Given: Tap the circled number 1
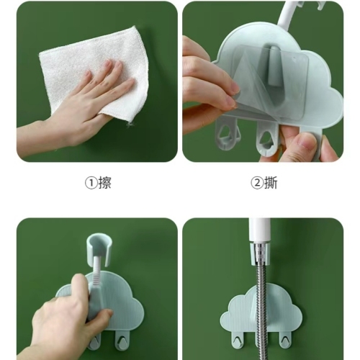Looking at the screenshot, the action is tap(91, 184).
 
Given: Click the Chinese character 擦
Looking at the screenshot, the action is tap(104, 183).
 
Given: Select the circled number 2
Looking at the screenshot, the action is tap(257, 184).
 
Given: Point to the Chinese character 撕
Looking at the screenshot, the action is tap(271, 183).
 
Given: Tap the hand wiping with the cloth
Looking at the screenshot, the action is tap(79, 108).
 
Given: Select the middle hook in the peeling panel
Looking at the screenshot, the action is tap(267, 139).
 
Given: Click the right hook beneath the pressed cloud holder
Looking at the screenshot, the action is tap(121, 340).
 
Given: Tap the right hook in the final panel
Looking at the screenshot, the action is tap(285, 340).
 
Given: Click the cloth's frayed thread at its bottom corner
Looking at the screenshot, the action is tap(130, 124).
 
